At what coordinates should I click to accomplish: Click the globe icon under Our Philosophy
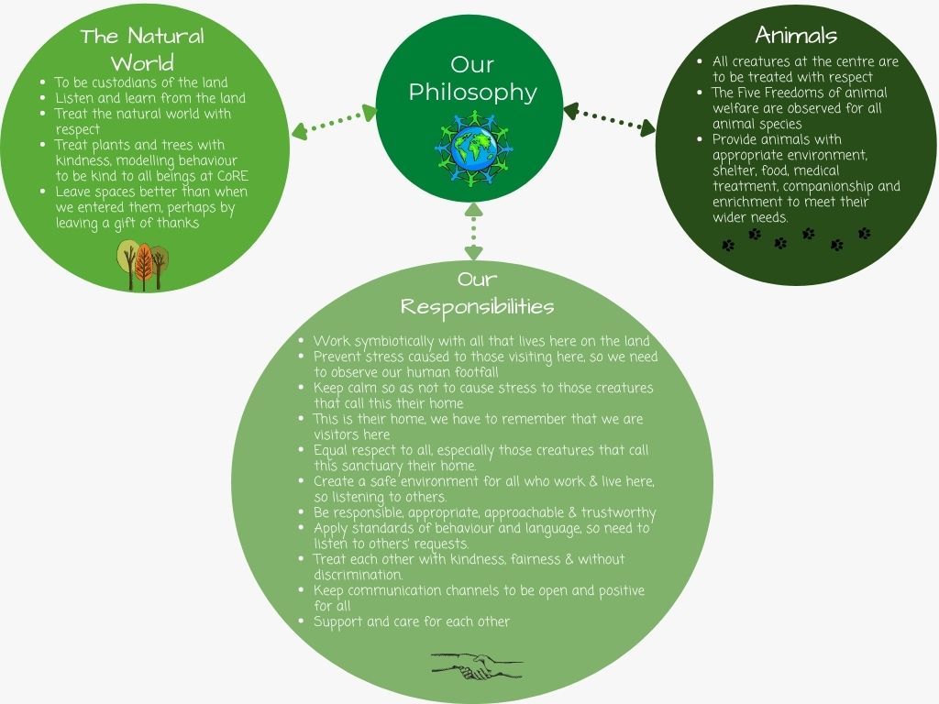click(x=473, y=148)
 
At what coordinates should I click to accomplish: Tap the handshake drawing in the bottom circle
click(x=477, y=665)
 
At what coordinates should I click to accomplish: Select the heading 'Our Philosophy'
click(x=472, y=79)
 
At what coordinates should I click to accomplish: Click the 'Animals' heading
click(x=796, y=35)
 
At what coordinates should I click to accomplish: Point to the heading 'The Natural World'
click(x=142, y=49)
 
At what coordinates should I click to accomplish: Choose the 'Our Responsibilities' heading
click(x=477, y=292)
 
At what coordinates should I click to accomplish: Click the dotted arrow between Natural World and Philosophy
click(x=334, y=122)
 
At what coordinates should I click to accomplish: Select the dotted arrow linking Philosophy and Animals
click(x=610, y=118)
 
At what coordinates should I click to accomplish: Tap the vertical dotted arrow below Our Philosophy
click(x=473, y=231)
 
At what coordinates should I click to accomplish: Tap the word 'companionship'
click(x=828, y=187)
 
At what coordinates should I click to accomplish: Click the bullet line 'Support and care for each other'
click(x=412, y=622)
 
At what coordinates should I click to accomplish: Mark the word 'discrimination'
click(x=359, y=575)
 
